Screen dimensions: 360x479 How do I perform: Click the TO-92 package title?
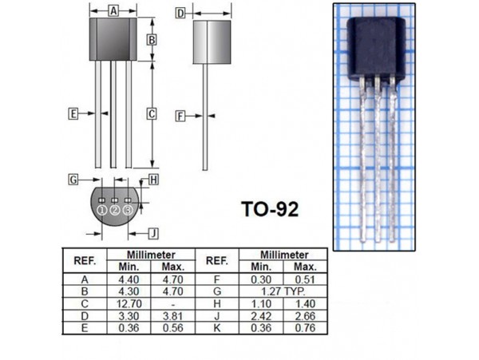(x=270, y=210)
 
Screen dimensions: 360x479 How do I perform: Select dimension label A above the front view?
(x=113, y=11)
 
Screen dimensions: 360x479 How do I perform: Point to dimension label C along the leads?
(x=152, y=114)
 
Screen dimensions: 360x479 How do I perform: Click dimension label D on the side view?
(x=180, y=13)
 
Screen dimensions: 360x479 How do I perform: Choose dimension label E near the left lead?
(x=73, y=114)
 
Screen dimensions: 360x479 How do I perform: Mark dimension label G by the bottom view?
(x=73, y=179)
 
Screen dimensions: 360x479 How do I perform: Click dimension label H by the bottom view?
(x=153, y=179)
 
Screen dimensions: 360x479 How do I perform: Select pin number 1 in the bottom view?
(x=101, y=209)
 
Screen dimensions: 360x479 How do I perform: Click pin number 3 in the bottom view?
(x=128, y=209)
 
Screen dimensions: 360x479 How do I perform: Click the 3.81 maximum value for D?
(x=173, y=315)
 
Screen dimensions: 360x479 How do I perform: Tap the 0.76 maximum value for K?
(x=304, y=327)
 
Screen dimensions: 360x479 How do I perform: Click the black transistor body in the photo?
(x=373, y=49)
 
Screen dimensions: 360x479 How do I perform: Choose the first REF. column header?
(x=85, y=261)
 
